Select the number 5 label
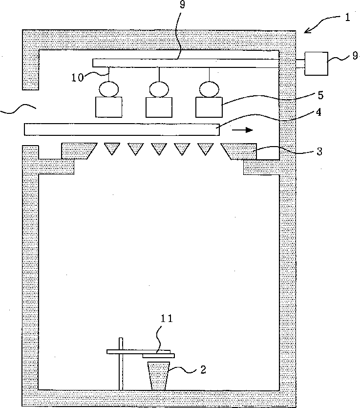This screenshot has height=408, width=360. (320, 94)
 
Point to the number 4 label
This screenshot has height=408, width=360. (318, 112)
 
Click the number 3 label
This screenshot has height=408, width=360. (318, 151)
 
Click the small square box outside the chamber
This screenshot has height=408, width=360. (316, 63)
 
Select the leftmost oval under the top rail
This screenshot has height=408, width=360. (109, 89)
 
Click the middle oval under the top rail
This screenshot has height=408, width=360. (159, 89)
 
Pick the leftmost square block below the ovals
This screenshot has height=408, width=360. (109, 107)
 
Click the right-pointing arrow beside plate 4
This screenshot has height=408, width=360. (242, 130)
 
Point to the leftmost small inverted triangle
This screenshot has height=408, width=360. (112, 149)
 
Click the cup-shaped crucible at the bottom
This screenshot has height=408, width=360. (159, 375)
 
